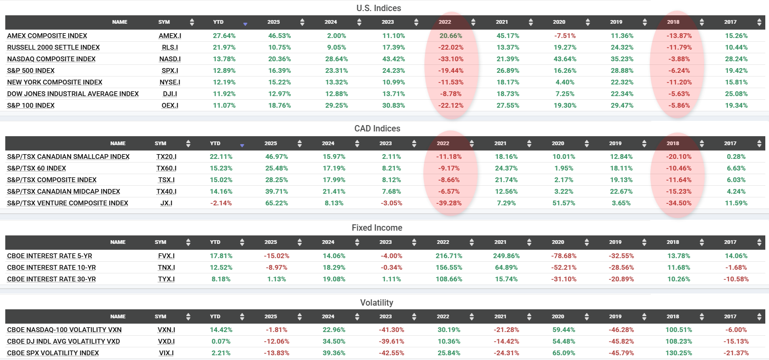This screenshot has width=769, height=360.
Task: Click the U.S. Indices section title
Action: point(378,8)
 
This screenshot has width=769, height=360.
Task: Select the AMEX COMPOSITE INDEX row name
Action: point(47,36)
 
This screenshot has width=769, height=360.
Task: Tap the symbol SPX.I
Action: point(170,71)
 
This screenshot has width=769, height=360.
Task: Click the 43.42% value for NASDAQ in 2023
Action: point(393,59)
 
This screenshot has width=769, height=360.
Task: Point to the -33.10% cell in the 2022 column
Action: point(451,59)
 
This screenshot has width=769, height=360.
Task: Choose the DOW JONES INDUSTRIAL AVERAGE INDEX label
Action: point(73,93)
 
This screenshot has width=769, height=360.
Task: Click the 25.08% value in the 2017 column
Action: point(736,93)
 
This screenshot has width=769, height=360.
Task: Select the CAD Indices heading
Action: point(377,128)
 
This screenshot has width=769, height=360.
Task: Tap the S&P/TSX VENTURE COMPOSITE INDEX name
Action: point(68,203)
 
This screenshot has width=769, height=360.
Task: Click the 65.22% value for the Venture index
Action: point(277,203)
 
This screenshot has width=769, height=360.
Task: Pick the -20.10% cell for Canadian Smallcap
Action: point(679,156)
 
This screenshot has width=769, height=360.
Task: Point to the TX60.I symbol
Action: point(166,168)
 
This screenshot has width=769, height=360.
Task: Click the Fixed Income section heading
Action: point(377,228)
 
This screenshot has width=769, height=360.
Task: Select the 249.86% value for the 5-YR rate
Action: point(506,256)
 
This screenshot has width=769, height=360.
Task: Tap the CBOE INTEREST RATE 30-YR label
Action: point(52,279)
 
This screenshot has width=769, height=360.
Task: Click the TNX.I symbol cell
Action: point(166,268)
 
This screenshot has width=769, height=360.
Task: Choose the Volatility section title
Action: point(377,302)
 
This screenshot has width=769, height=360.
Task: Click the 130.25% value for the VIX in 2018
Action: point(679,353)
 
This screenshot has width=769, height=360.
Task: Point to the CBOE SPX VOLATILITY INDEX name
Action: point(53,353)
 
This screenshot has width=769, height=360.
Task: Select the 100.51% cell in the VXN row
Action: point(679,330)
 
